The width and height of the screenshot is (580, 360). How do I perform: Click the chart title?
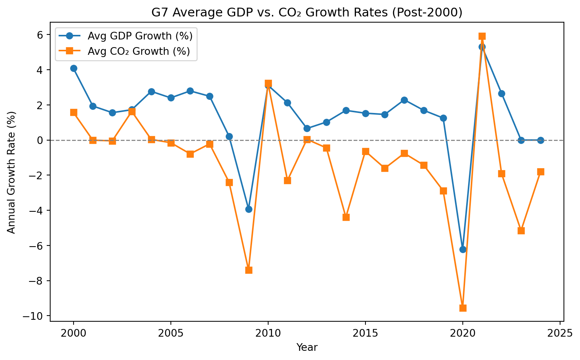click(x=307, y=12)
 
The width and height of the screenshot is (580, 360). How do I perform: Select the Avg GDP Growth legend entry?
click(x=126, y=36)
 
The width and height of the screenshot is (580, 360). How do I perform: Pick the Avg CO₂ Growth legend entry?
click(x=125, y=51)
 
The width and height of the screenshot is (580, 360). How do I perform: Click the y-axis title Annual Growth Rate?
click(x=11, y=172)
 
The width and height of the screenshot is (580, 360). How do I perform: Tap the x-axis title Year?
click(x=307, y=347)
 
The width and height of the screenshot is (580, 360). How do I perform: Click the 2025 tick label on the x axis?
click(x=560, y=333)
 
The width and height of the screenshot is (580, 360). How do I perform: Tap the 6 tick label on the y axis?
click(x=40, y=35)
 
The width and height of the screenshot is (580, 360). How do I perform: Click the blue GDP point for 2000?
click(x=74, y=68)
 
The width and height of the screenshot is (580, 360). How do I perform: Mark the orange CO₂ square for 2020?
click(x=463, y=308)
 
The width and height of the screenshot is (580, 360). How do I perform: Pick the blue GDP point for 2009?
click(x=249, y=209)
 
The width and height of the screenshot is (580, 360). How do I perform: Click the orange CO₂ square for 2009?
click(x=249, y=270)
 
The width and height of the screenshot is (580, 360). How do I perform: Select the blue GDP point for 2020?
click(x=463, y=249)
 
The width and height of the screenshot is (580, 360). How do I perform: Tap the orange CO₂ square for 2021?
click(x=482, y=36)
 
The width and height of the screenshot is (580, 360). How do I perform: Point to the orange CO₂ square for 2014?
click(x=346, y=217)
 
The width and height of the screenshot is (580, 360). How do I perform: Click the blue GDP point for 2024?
click(x=541, y=140)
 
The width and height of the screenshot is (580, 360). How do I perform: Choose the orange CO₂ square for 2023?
click(x=521, y=231)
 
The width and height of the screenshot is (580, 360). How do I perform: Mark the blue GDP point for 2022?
click(x=501, y=94)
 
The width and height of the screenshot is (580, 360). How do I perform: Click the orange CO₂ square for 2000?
click(x=74, y=112)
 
